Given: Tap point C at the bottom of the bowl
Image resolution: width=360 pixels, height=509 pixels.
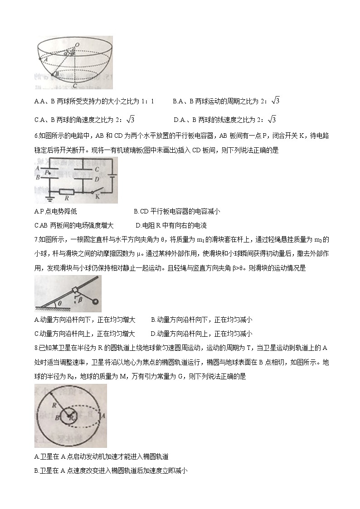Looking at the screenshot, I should click(x=74, y=85).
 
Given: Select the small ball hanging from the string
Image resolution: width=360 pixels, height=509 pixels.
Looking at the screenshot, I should click(x=96, y=302).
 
